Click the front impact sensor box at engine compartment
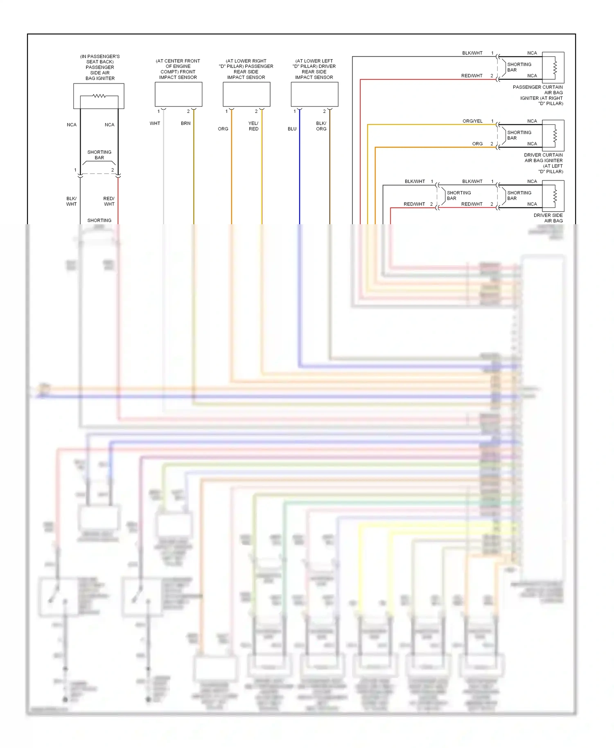[x=178, y=94]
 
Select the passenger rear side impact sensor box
[x=246, y=94]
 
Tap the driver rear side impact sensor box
[x=314, y=94]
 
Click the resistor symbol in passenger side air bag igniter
[x=99, y=96]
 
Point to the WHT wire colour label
[x=155, y=123]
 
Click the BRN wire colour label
[x=185, y=123]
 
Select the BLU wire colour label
[x=292, y=129]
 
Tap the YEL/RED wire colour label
[x=253, y=126]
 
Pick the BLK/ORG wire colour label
[x=321, y=126]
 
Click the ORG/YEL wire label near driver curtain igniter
[x=472, y=121]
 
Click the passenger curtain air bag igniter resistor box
[x=553, y=68]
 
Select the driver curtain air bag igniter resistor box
[x=553, y=135]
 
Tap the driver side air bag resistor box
[x=553, y=196]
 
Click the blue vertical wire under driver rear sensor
[x=300, y=172]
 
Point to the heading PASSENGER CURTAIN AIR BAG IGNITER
[x=538, y=95]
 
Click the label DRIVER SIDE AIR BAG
[x=548, y=218]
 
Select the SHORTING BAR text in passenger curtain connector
[x=519, y=67]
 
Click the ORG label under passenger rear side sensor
[x=223, y=129]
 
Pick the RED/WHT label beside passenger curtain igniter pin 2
[x=472, y=76]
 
